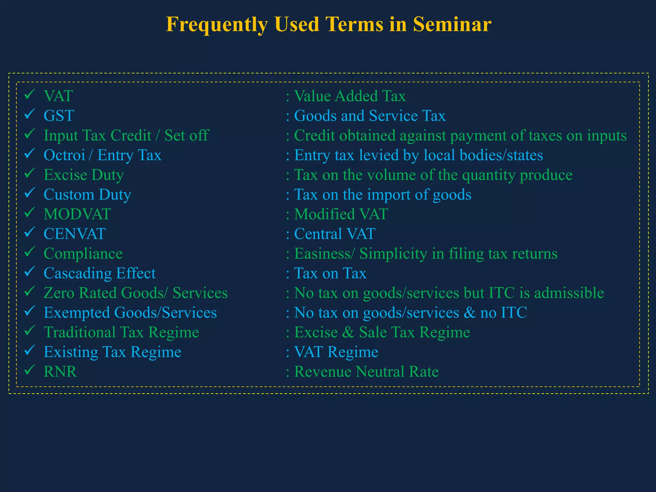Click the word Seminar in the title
[452, 24]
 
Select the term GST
[59, 116]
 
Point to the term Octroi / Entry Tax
[102, 155]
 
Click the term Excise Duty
[84, 175]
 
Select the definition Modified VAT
[341, 214]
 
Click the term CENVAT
[75, 234]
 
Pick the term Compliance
[83, 254]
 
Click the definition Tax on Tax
[330, 273]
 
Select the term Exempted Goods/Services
[130, 313]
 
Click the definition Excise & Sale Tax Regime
[382, 332]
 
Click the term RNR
[60, 372]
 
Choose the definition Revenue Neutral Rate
[366, 372]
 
